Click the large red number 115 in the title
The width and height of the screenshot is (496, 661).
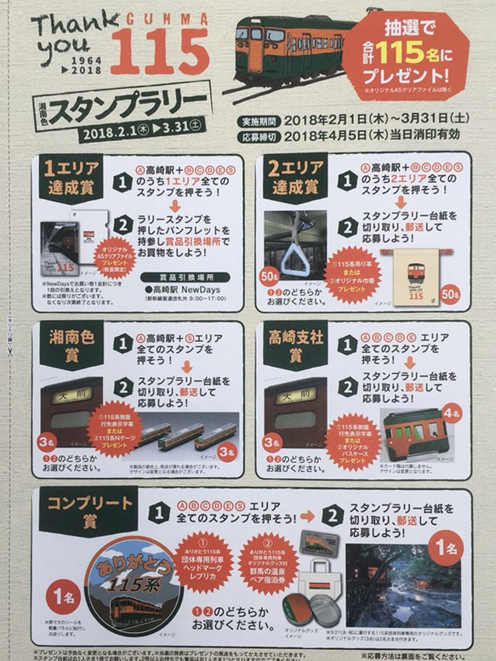click(159, 52)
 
